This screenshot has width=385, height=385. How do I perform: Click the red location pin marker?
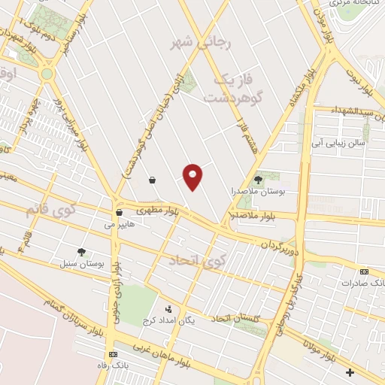[193, 176]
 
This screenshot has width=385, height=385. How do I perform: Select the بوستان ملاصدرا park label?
[256, 192]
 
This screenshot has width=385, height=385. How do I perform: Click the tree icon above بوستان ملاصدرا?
[259, 179]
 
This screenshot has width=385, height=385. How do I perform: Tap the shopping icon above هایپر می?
[119, 212]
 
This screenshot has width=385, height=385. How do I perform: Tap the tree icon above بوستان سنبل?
[81, 252]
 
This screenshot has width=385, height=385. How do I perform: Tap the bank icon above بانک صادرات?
[365, 271]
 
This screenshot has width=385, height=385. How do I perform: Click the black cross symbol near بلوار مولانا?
[350, 372]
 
